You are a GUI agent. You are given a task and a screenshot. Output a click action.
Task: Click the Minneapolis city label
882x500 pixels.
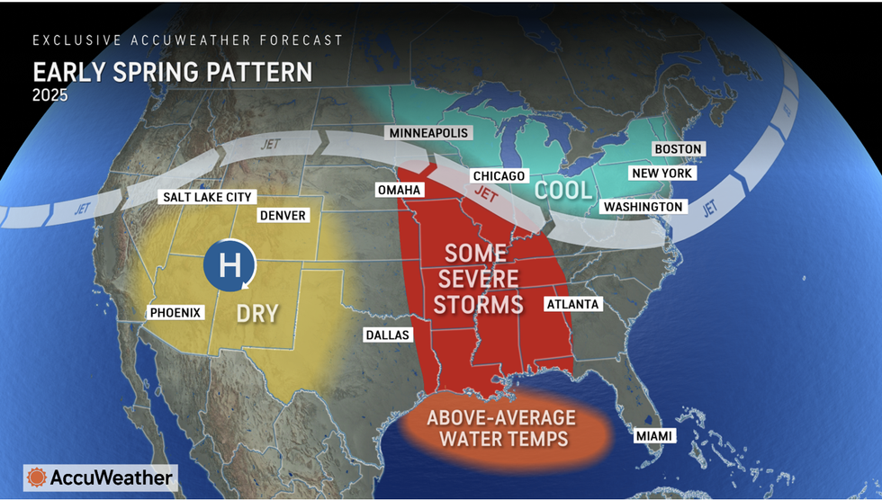point(429,133)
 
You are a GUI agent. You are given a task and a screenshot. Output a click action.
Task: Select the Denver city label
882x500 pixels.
point(283,216)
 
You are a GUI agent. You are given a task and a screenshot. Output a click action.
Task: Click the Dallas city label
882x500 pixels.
point(387,335)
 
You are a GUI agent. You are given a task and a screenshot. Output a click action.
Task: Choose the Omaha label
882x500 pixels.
point(399,190)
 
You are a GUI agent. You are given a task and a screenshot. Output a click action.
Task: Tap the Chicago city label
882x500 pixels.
point(499,176)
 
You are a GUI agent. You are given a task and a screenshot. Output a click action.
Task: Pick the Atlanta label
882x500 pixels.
point(572,304)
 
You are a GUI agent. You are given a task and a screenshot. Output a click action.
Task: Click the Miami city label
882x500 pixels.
point(653,436)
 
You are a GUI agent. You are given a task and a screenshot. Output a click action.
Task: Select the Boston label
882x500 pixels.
point(678,149)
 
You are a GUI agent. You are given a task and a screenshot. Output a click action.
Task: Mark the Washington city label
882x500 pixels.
point(643,207)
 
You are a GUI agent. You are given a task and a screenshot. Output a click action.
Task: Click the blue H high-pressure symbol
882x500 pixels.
point(229,266)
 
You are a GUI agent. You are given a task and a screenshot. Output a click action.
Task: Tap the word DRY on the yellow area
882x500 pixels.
point(256,314)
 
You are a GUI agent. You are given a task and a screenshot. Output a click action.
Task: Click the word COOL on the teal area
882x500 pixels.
point(563,190)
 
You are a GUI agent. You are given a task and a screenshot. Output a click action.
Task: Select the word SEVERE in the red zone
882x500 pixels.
point(478,277)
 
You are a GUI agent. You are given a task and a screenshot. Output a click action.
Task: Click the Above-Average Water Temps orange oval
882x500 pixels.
point(502,429)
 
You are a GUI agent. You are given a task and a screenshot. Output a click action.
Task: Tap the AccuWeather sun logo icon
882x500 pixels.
point(37,478)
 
